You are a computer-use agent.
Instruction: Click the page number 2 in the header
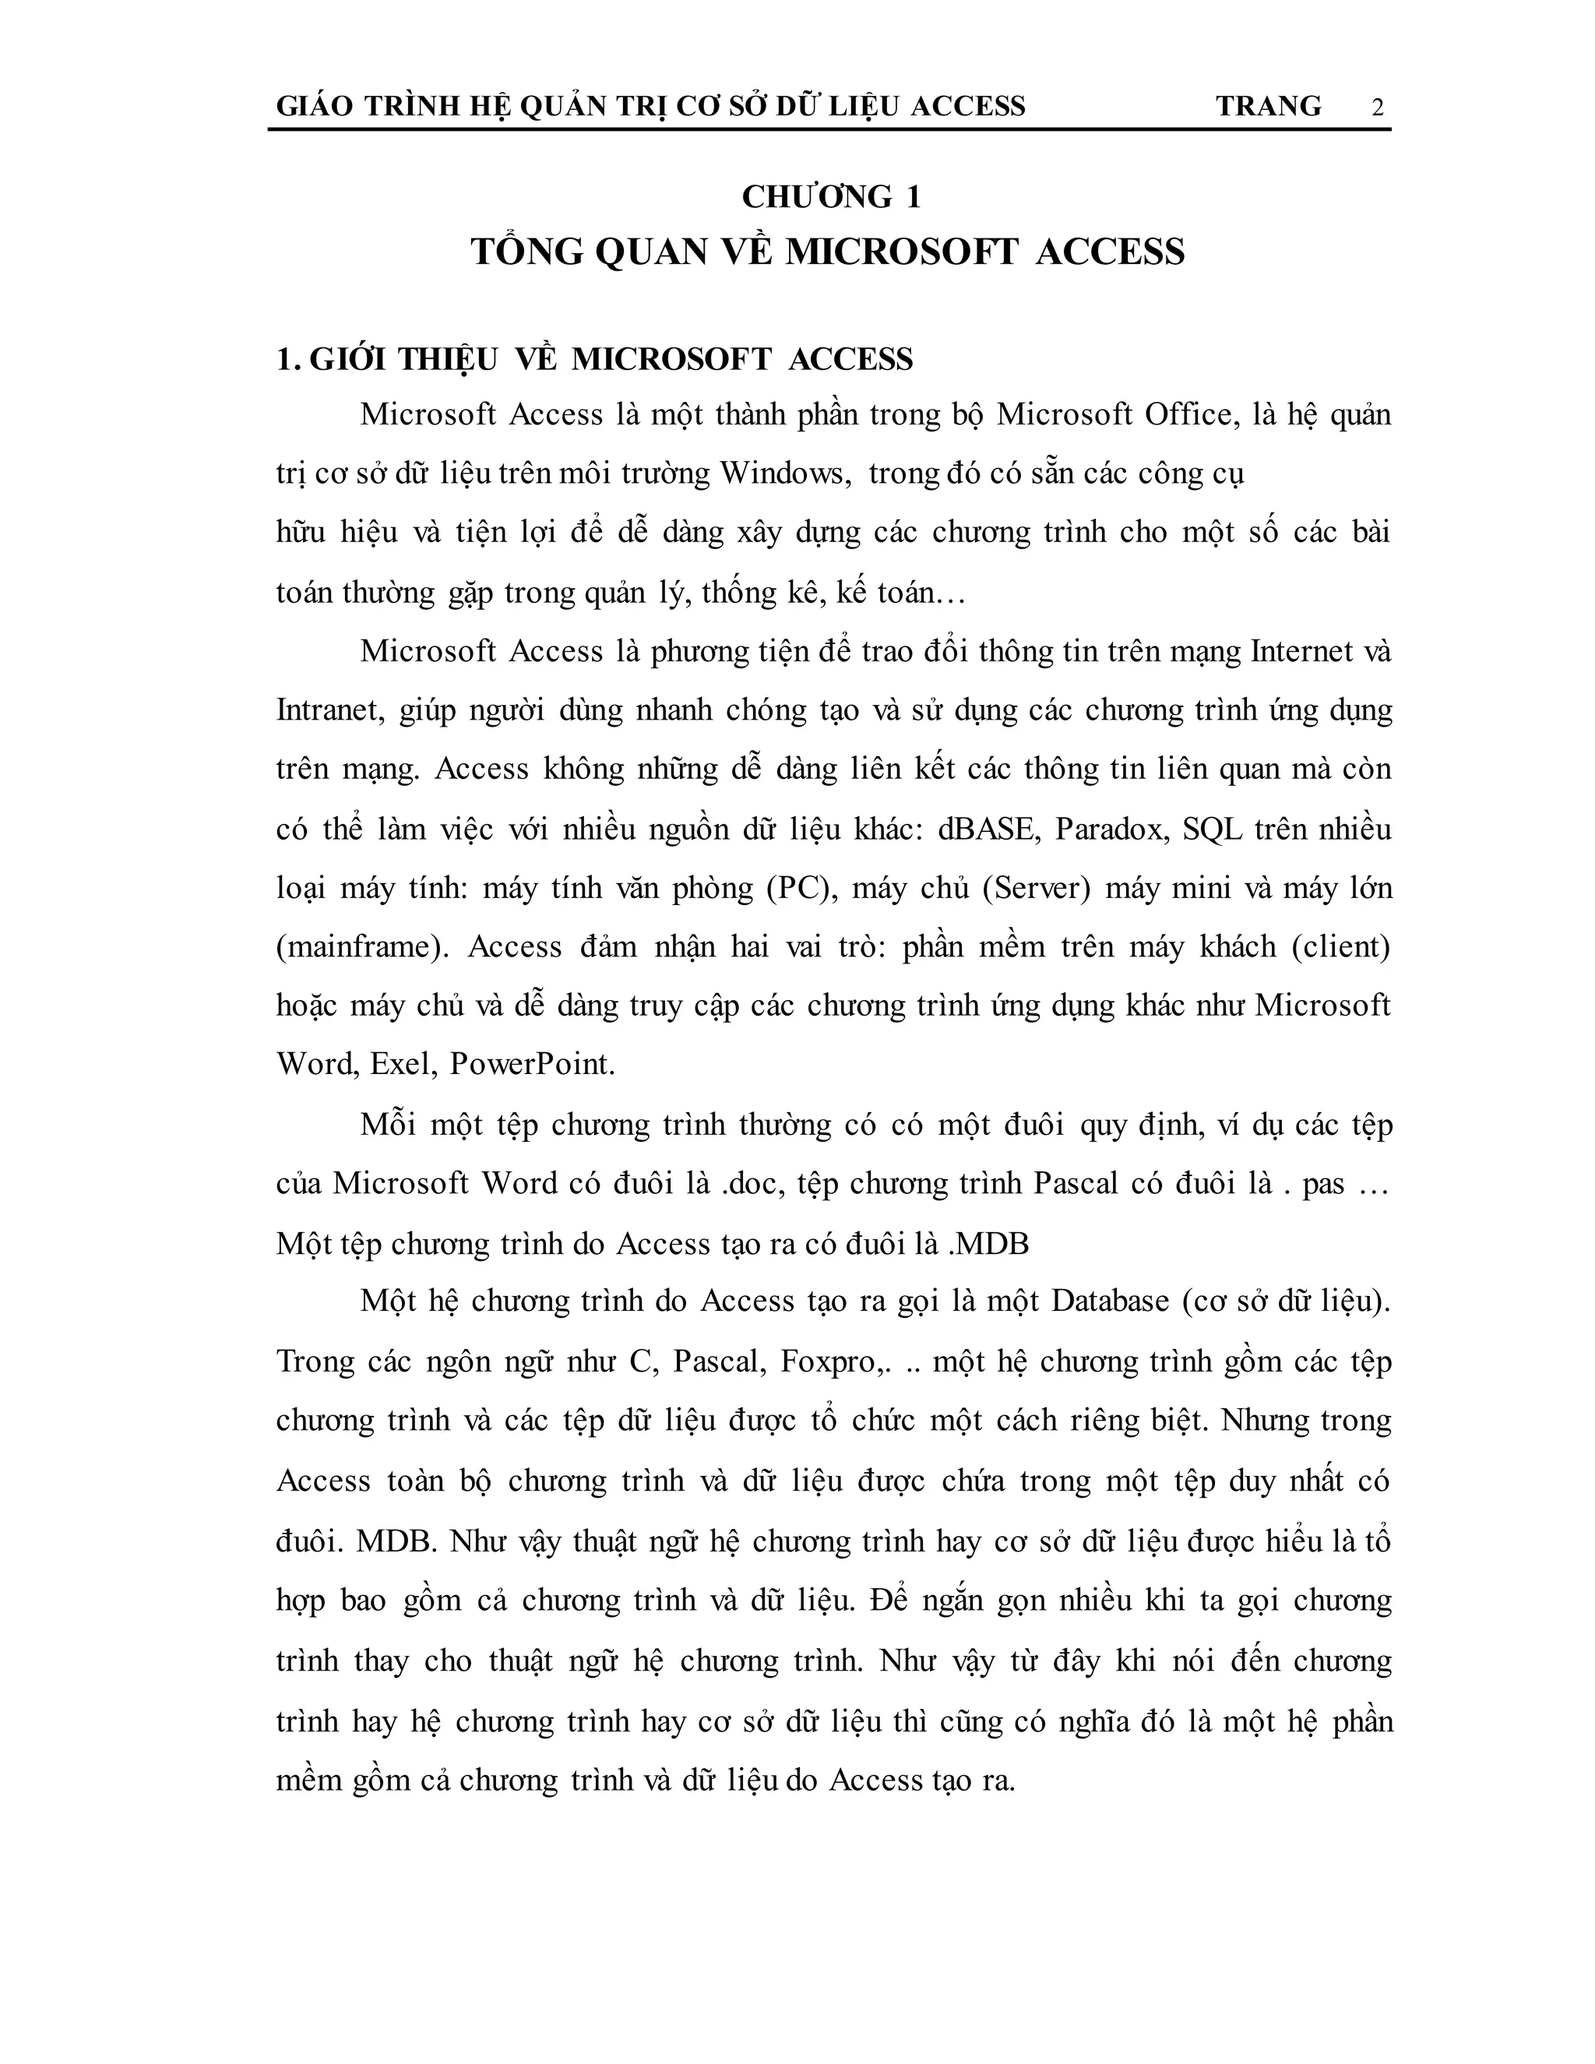coord(1378,107)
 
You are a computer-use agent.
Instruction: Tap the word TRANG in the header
coord(1268,106)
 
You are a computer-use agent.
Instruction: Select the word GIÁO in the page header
coord(314,106)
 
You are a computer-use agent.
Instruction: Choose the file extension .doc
coord(754,1184)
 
